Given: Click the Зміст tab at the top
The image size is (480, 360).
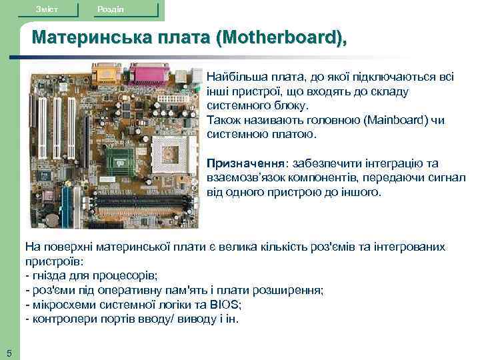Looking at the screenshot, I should pyautogui.click(x=48, y=9).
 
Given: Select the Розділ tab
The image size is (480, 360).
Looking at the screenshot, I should pyautogui.click(x=111, y=9).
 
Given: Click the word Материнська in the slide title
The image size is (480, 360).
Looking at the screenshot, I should pyautogui.click(x=86, y=38).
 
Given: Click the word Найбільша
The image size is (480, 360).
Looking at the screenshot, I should pyautogui.click(x=234, y=77).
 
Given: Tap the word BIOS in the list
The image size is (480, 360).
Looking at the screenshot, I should pyautogui.click(x=227, y=305).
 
